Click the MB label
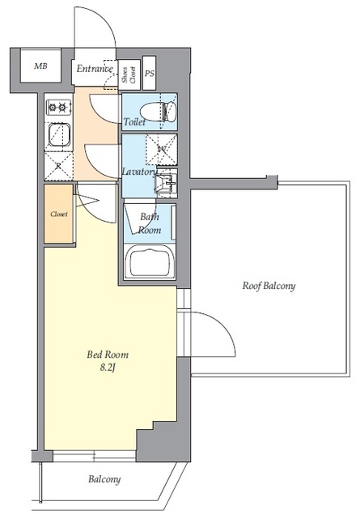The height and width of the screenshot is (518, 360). click(x=40, y=66)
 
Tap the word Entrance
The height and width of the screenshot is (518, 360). click(x=95, y=68)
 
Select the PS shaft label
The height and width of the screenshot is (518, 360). click(x=150, y=74)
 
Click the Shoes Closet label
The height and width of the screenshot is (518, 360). click(x=129, y=75)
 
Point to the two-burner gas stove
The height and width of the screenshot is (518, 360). click(x=58, y=108)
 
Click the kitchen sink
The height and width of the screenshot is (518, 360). click(x=59, y=134)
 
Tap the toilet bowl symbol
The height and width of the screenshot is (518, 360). click(x=159, y=112)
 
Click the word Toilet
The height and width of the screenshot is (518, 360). click(x=134, y=122)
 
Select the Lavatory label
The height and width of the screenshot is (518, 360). click(x=140, y=172)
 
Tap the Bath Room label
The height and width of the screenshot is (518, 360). click(x=150, y=223)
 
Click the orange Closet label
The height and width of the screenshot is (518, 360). click(x=59, y=214)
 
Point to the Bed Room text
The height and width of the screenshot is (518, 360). click(x=108, y=355)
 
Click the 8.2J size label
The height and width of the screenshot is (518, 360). click(x=108, y=367)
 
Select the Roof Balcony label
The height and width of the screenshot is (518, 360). click(x=269, y=286)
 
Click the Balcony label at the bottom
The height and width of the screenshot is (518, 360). click(x=104, y=479)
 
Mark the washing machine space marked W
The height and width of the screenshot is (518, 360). click(x=162, y=149)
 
